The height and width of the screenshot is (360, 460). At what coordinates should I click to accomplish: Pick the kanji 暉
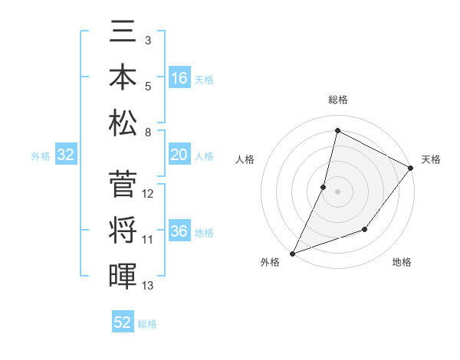click(123, 274)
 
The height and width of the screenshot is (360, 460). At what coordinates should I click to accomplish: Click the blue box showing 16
click(179, 78)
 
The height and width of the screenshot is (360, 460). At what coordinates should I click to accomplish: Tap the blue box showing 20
click(179, 155)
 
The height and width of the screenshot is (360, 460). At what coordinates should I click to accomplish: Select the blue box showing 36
click(179, 231)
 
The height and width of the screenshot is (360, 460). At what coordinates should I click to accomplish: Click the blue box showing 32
click(66, 155)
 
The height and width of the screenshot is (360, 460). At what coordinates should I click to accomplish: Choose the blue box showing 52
click(123, 322)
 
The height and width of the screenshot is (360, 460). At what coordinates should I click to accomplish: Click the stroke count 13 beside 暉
click(148, 286)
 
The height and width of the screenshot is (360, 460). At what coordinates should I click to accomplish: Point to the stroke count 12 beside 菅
click(148, 194)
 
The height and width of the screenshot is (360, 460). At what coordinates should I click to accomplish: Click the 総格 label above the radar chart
click(337, 100)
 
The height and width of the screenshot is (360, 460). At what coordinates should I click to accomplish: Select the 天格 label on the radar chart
click(431, 159)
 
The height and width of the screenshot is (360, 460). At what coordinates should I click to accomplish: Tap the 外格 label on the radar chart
click(269, 263)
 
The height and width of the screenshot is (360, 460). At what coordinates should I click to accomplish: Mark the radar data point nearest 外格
click(292, 253)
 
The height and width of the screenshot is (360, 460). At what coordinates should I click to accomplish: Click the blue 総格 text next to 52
click(147, 324)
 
